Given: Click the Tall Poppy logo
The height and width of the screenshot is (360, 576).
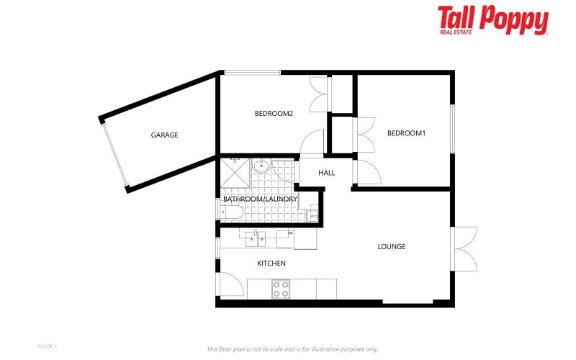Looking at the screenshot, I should coord(493,19).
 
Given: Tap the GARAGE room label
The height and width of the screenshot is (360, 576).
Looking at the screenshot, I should coord(164,135).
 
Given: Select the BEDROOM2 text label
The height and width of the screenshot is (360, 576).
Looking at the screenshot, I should coord(274,113).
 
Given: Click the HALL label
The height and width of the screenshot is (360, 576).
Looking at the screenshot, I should coord(327,173).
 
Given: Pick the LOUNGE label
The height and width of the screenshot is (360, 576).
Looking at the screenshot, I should coord(392,246).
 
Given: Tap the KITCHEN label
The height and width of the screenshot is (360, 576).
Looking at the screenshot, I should coord(271,264).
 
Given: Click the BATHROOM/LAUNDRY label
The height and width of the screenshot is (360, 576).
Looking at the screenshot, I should coord(260,199).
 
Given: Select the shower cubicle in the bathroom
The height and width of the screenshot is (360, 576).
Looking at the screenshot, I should coord(235,172).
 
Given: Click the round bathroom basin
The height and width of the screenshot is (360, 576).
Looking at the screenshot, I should coord(262,166).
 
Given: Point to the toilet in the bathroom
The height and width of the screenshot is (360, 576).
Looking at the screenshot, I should coord(232,212).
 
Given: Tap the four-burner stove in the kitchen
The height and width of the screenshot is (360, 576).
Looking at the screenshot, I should coord(280,289).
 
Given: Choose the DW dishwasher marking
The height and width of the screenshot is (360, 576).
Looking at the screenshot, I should coord(290,233).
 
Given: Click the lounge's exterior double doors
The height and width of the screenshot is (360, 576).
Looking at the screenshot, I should coord(466,248).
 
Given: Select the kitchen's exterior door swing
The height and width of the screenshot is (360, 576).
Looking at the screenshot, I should coord(232,284).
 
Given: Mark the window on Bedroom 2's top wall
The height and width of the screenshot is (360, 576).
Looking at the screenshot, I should coord(251,72).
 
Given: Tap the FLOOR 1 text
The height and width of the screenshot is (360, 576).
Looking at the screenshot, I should coord(47,346).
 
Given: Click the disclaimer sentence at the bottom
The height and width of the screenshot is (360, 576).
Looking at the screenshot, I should coord(292,349).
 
